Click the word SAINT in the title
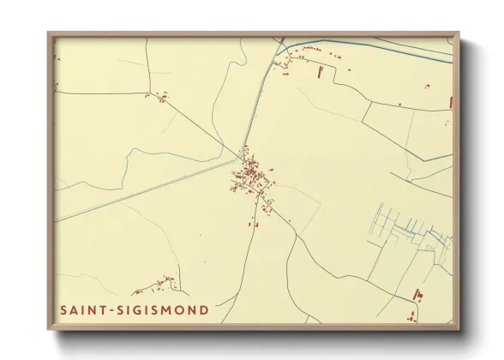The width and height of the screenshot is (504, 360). (84, 309)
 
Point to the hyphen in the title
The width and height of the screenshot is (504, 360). (111, 309)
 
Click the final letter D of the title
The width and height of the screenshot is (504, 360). (204, 309)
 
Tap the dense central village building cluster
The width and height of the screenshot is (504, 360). (250, 176)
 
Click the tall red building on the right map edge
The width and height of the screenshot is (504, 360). (451, 102)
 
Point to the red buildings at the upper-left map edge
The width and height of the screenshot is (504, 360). (57, 58)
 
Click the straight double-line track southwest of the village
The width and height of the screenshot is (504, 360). (146, 189)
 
